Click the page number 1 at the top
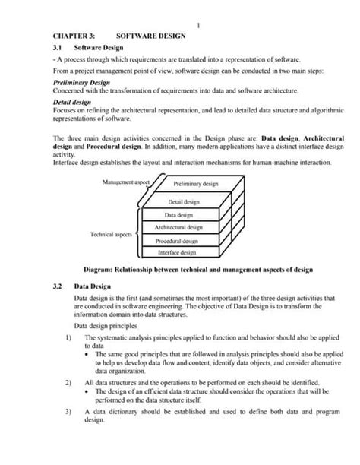(x=197, y=26)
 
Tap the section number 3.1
(x=58, y=47)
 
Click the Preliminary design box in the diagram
(x=195, y=184)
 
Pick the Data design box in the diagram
(x=178, y=215)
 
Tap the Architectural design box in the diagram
(x=178, y=227)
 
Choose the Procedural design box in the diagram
(x=178, y=240)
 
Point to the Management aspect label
(x=126, y=182)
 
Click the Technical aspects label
(x=112, y=234)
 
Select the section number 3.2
(x=58, y=289)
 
